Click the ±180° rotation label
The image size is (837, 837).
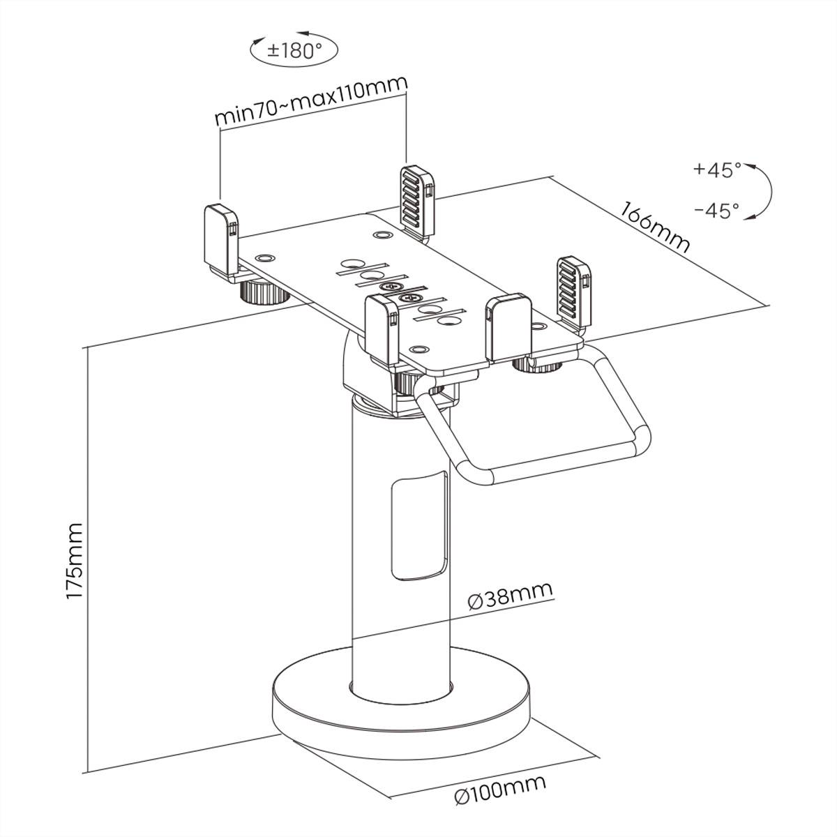click(294, 50)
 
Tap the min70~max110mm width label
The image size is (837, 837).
click(311, 102)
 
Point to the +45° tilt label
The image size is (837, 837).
click(717, 170)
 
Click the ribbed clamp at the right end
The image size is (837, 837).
click(574, 293)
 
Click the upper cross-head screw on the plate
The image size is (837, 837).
click(389, 287)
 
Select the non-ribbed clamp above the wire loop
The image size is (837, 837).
click(510, 326)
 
